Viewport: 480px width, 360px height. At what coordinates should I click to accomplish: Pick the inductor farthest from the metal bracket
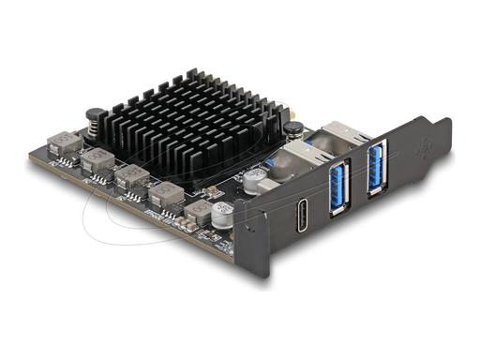pos(62,142)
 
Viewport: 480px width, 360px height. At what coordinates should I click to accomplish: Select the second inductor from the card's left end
pos(97,160)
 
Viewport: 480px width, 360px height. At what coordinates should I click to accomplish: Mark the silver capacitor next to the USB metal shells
pos(253,180)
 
